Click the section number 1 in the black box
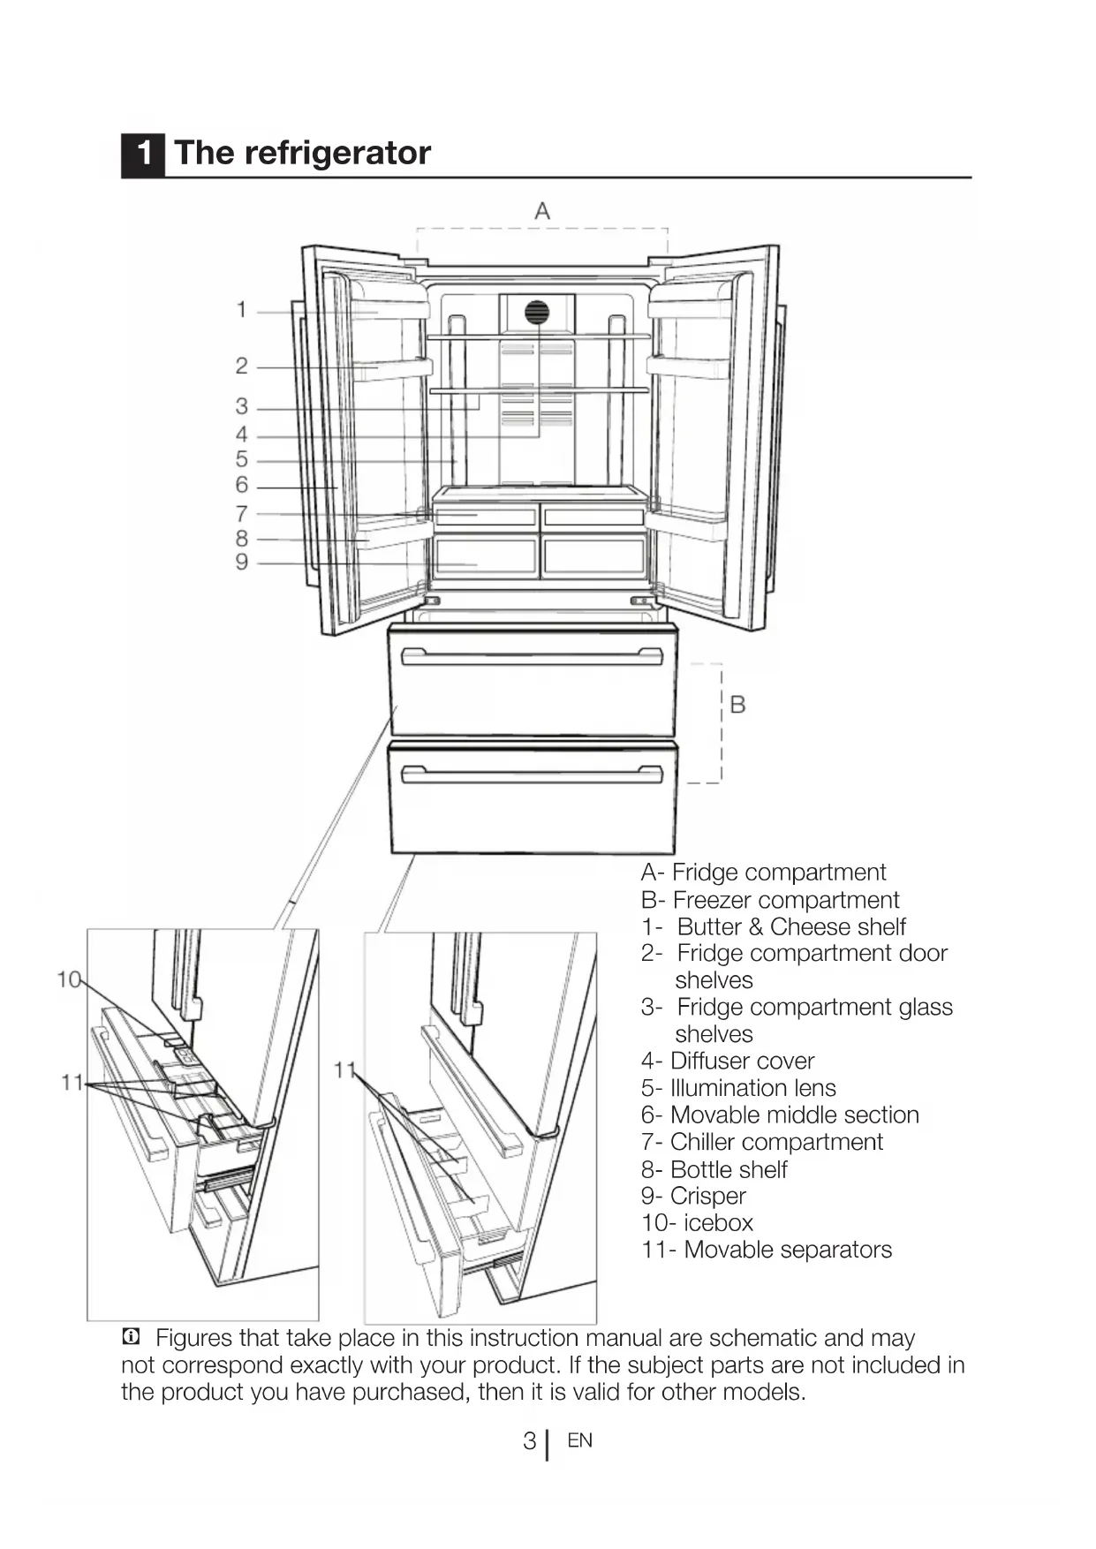pos(143,154)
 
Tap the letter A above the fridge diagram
pos(542,211)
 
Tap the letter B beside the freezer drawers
pos(738,705)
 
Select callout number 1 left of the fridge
pos(241,310)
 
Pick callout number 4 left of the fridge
pos(241,434)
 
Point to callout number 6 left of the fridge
pos(241,485)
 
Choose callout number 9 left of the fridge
pos(241,563)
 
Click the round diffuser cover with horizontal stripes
pos(537,312)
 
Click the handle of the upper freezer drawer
pos(532,656)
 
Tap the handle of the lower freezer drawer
pos(532,774)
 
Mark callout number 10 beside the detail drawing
pos(68,979)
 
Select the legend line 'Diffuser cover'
pos(742,1061)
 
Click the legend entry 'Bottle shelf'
pos(729,1169)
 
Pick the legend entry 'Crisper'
pos(707,1196)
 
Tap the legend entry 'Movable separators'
pos(788,1250)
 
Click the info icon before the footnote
pos(131,1337)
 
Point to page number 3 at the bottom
pos(529,1441)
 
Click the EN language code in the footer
pos(579,1440)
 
